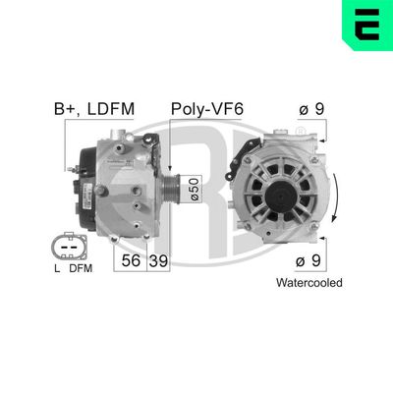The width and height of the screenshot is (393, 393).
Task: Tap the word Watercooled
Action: coord(309,282)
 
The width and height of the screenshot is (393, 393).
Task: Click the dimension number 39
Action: coord(157,260)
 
